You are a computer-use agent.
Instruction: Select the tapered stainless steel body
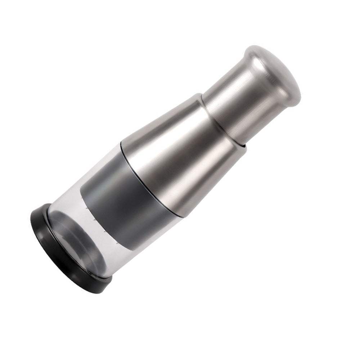[x=180, y=151]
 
